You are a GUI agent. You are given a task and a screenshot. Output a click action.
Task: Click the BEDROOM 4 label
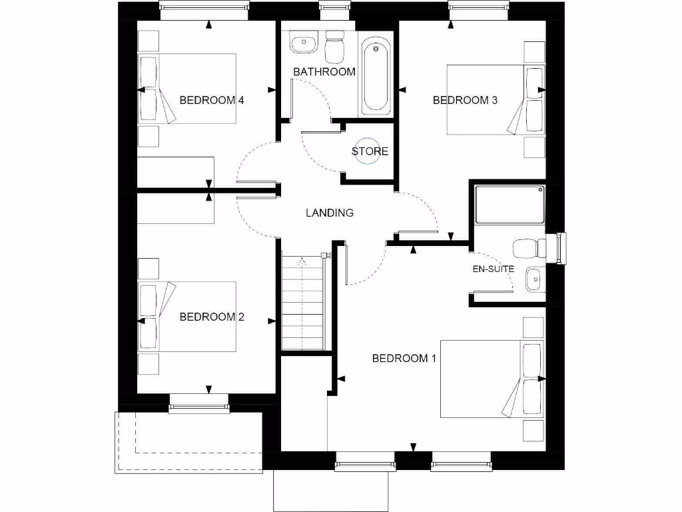[x=212, y=101]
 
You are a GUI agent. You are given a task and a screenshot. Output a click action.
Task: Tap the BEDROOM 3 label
[x=465, y=101]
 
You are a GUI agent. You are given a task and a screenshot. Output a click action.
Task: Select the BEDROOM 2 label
[x=212, y=317]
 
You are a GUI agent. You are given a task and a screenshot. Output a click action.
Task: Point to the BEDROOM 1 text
[x=404, y=359]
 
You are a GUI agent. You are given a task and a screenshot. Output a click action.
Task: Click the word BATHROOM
[x=324, y=71]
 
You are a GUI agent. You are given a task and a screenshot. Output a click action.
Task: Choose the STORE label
[x=370, y=151]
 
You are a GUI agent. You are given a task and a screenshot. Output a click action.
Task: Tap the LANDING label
[x=329, y=213]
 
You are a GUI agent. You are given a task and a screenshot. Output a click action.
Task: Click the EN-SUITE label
[x=494, y=269]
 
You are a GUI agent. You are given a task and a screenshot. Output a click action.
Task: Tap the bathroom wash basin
[x=304, y=44]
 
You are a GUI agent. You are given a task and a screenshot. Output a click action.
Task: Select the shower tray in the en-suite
[x=510, y=205]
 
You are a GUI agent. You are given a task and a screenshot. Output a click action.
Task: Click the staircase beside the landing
[x=303, y=303]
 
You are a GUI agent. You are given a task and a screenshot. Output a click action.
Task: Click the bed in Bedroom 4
[x=187, y=89]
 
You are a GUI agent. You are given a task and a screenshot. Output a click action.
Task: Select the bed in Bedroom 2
[x=187, y=317]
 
